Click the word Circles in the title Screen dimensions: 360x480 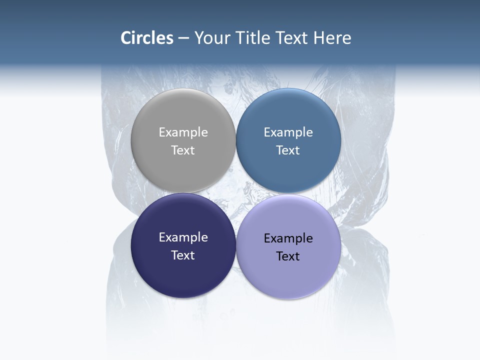pos(147,38)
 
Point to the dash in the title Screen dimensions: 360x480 pos(183,38)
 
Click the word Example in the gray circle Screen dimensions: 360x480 pos(183,132)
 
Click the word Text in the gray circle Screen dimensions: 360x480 pos(183,150)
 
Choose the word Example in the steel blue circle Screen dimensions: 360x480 pos(288,132)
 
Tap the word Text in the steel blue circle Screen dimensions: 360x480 pos(288,150)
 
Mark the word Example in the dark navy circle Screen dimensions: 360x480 pos(183,237)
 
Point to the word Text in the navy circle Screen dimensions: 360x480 pos(183,255)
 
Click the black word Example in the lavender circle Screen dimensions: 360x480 pos(288,238)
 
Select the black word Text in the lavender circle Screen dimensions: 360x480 pos(288,256)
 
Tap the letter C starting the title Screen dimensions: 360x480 pos(126,38)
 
